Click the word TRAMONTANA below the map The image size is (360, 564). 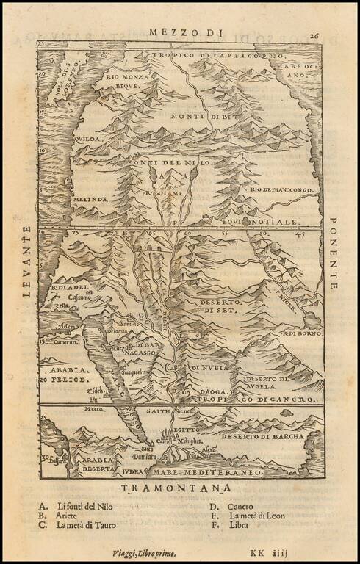click(181, 487)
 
